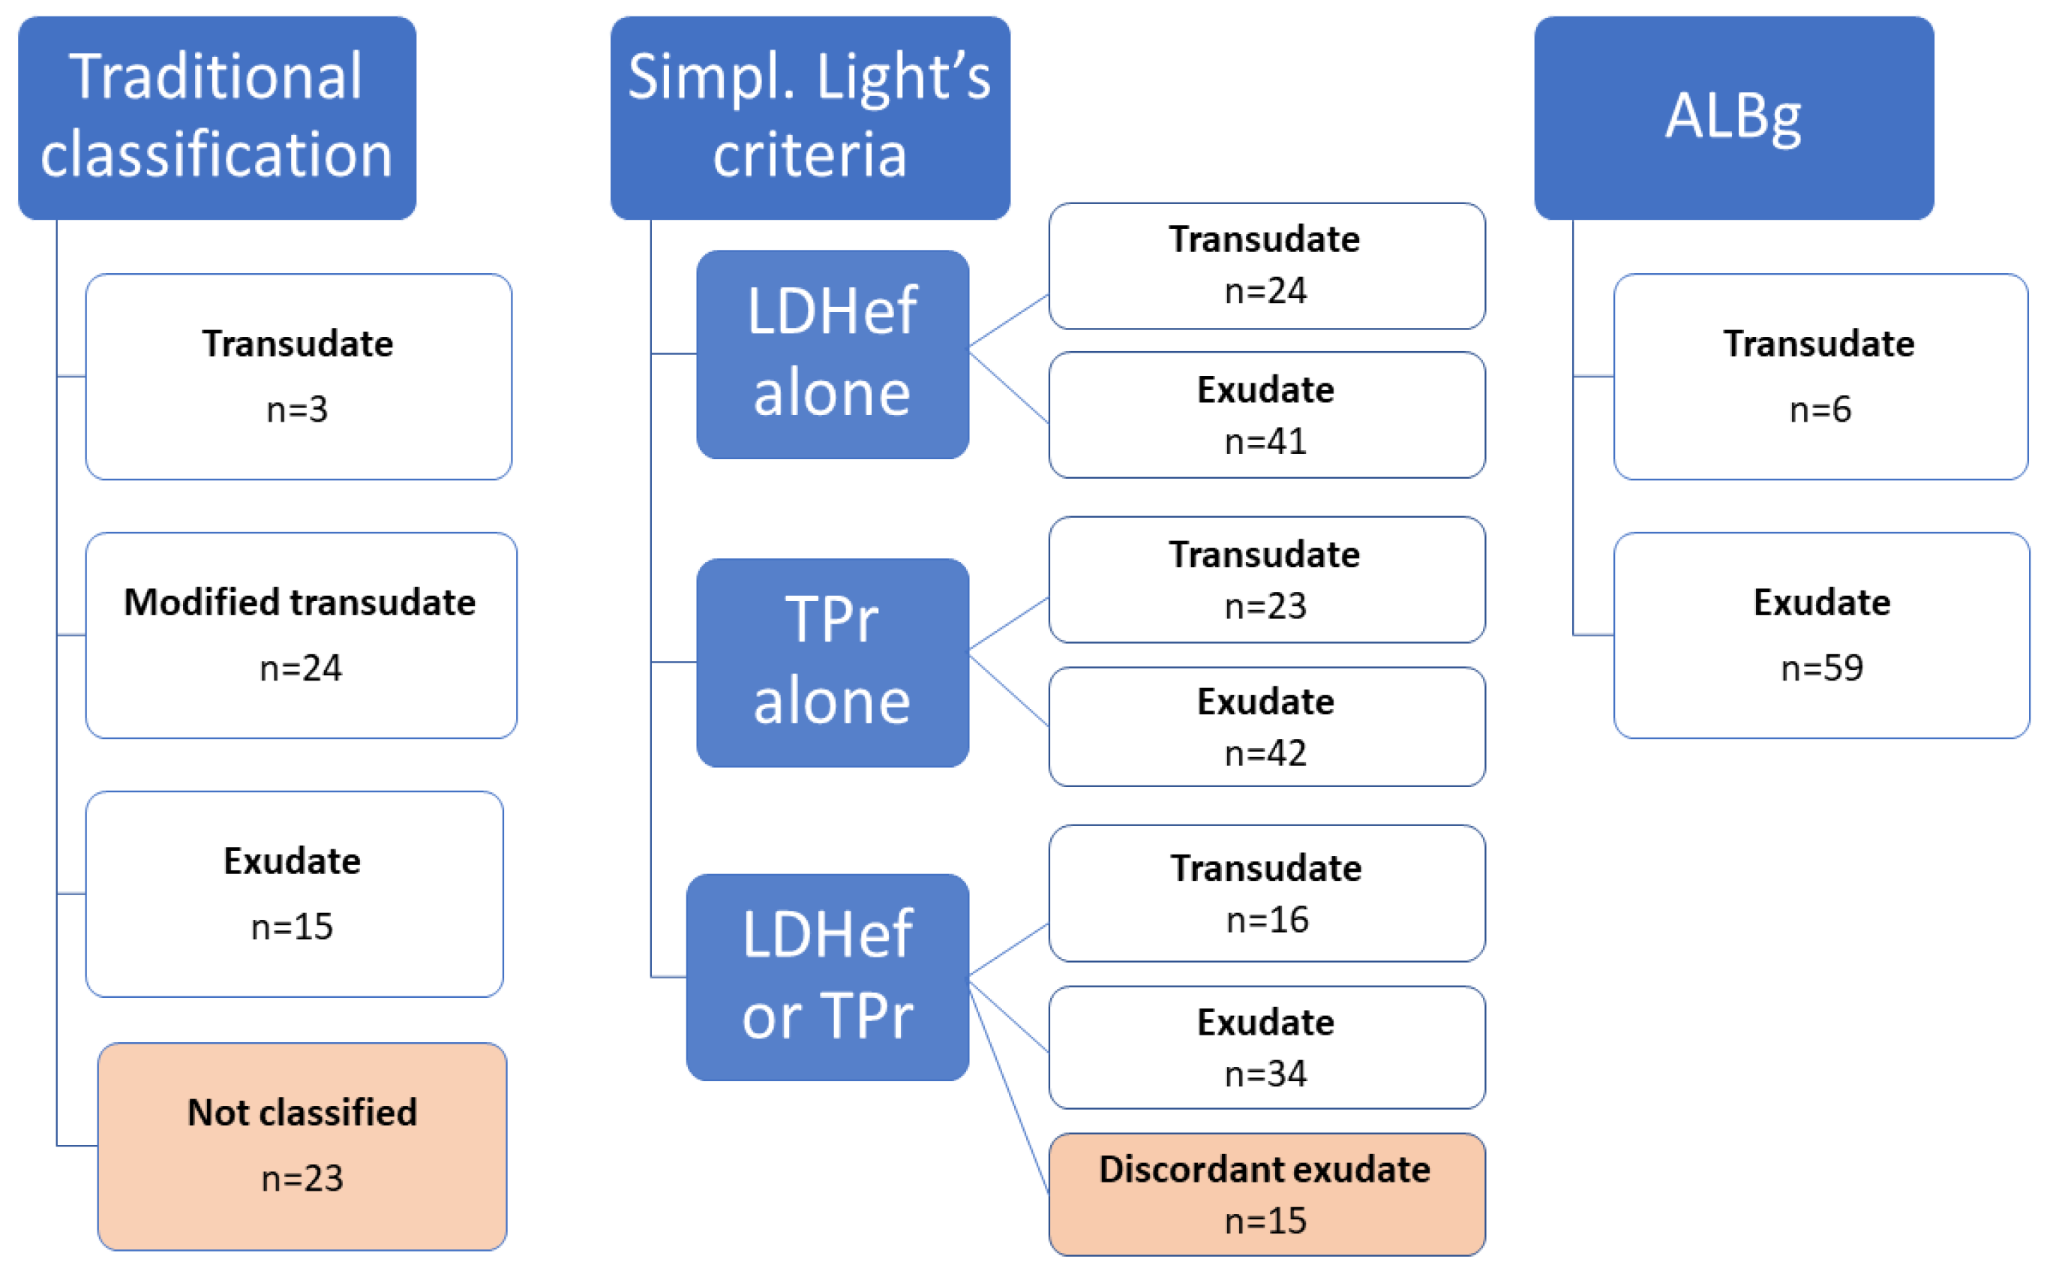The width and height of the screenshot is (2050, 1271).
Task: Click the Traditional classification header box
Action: pyautogui.click(x=217, y=118)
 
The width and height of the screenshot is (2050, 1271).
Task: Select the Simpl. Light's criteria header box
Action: pyautogui.click(x=809, y=118)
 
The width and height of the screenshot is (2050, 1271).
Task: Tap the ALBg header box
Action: pyautogui.click(x=1733, y=118)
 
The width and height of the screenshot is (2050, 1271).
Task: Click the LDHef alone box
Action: pyautogui.click(x=832, y=354)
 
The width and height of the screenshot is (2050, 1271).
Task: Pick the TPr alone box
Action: pyautogui.click(x=832, y=663)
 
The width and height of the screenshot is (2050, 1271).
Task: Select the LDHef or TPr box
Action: pyautogui.click(x=827, y=977)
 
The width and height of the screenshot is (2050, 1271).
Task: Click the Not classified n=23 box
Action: pyautogui.click(x=302, y=1146)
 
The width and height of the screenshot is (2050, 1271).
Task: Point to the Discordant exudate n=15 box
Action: pyautogui.click(x=1266, y=1194)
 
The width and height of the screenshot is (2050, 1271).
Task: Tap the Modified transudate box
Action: pyautogui.click(x=301, y=635)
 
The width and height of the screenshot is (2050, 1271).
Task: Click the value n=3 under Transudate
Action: pyautogui.click(x=296, y=410)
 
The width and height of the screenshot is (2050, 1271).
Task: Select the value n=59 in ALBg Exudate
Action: pyautogui.click(x=1821, y=668)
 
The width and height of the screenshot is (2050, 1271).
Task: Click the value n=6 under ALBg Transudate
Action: pyautogui.click(x=1820, y=410)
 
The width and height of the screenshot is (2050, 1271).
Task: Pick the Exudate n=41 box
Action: pyautogui.click(x=1266, y=414)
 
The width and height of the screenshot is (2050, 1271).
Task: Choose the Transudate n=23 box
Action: pyautogui.click(x=1266, y=579)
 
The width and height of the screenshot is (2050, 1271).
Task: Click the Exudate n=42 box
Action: pyautogui.click(x=1266, y=726)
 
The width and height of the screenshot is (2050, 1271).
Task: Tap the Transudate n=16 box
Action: pyautogui.click(x=1266, y=893)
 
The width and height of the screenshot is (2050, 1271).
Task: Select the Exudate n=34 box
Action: pyautogui.click(x=1266, y=1047)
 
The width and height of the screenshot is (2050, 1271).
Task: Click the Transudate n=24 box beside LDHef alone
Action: pyautogui.click(x=1266, y=266)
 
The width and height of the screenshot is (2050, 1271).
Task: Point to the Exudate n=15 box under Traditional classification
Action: pyautogui.click(x=294, y=894)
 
